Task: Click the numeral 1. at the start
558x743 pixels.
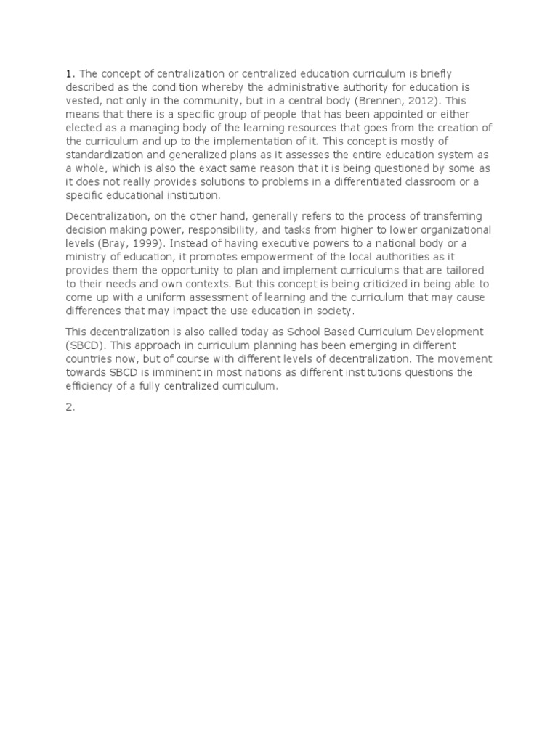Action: (70, 73)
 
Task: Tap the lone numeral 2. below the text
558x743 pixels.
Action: (70, 408)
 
